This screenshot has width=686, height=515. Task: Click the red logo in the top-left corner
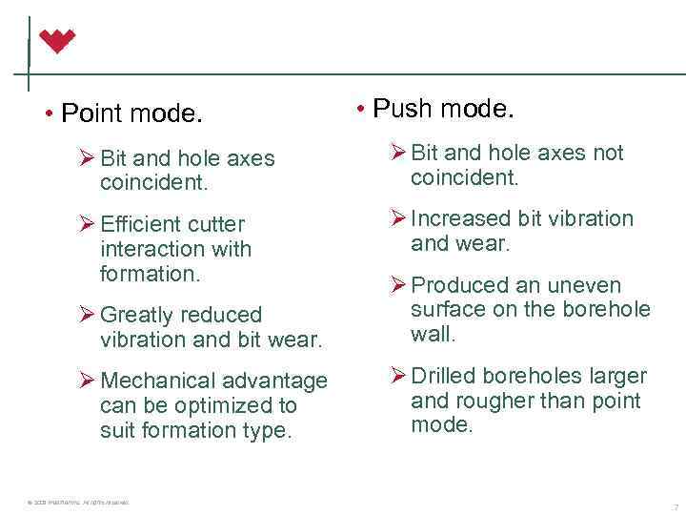click(x=57, y=41)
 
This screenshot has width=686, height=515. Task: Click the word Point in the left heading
click(x=92, y=114)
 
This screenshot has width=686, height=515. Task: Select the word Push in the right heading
click(x=403, y=109)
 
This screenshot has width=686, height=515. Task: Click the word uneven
click(x=584, y=285)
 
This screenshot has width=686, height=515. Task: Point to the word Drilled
click(x=442, y=376)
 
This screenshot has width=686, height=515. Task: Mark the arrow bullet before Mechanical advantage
click(x=86, y=381)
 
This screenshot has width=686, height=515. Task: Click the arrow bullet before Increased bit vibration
click(x=397, y=218)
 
